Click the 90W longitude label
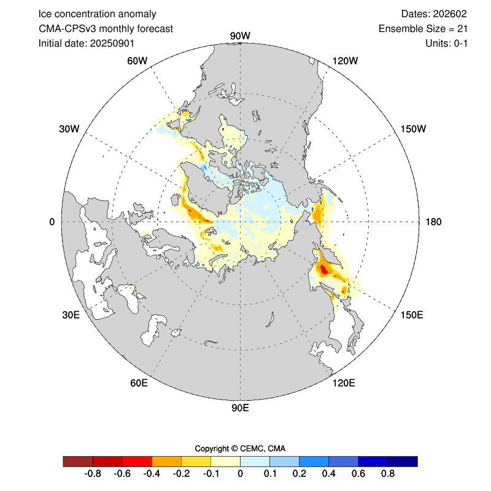pyautogui.click(x=239, y=36)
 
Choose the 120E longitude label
pyautogui.click(x=343, y=384)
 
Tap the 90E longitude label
pyautogui.click(x=239, y=408)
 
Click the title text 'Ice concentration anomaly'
pyautogui.click(x=97, y=14)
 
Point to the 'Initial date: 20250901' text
pyautogui.click(x=87, y=43)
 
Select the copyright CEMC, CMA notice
pyautogui.click(x=240, y=448)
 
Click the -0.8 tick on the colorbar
pyautogui.click(x=93, y=474)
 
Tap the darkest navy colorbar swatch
pyautogui.click(x=403, y=461)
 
